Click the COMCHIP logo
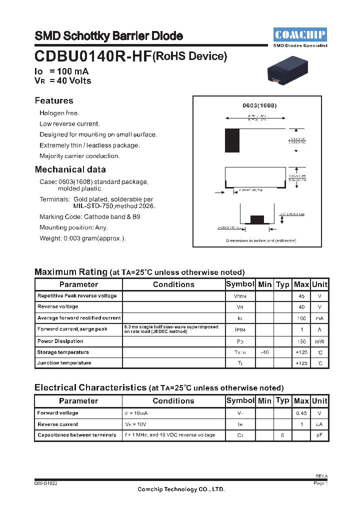[x=300, y=34]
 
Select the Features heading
[x=54, y=100]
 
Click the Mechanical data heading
[x=70, y=169]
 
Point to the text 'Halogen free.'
[x=59, y=113]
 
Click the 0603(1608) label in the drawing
[x=259, y=105]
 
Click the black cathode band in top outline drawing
[x=232, y=140]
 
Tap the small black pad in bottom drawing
[x=256, y=219]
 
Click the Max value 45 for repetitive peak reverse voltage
[x=301, y=296]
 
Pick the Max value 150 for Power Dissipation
[x=301, y=341]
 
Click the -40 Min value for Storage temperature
[x=264, y=352]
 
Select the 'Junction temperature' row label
[x=64, y=363]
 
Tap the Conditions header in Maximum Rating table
[x=173, y=284]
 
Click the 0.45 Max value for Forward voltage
[x=301, y=413]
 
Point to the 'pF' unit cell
[x=319, y=435]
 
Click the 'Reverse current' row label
[x=58, y=424]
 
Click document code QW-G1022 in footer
[x=46, y=484]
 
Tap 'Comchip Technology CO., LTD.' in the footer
[x=181, y=489]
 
